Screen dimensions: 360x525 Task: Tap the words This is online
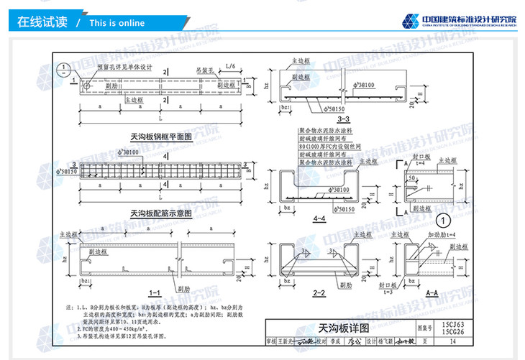(117, 22)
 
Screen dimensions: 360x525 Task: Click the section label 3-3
(342, 119)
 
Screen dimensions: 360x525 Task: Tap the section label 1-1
(154, 292)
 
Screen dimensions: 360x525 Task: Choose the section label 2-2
(320, 293)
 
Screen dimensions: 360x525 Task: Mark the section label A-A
(432, 292)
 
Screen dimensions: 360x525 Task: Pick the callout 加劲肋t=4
(442, 235)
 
